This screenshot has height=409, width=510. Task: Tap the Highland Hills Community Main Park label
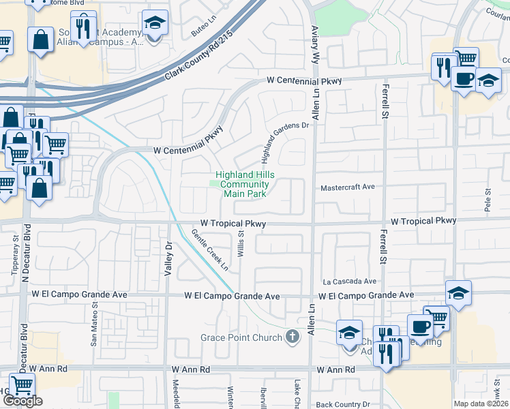[243, 184]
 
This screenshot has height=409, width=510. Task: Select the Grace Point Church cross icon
[292, 336]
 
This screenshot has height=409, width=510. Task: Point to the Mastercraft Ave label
[348, 187]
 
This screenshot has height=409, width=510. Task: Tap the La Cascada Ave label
[349, 281]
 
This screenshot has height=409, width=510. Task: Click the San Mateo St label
[94, 326]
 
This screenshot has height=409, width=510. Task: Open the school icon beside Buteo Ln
[155, 24]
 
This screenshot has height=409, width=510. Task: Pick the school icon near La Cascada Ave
[458, 294]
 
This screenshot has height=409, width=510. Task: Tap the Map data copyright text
[481, 404]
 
